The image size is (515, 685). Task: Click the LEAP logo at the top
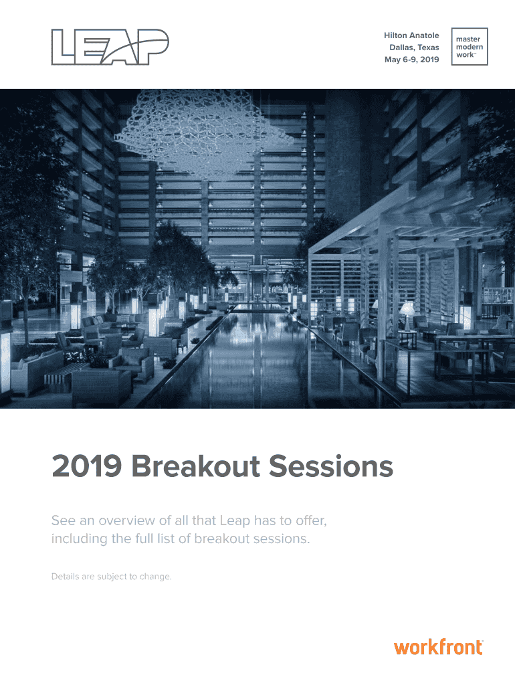(110, 47)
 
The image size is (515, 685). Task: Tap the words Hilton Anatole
(411, 35)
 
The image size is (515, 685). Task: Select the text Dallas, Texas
(414, 47)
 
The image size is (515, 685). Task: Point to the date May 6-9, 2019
(411, 60)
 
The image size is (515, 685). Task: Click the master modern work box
(470, 47)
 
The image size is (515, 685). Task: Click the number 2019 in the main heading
(86, 466)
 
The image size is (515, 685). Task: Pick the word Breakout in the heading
(196, 466)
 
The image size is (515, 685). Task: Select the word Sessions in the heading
(330, 466)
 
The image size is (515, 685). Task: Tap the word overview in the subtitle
(126, 520)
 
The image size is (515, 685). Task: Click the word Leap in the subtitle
(235, 521)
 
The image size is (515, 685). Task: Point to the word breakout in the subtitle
(222, 539)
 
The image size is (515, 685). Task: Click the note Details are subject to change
(112, 577)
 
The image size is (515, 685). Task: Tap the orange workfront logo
(439, 647)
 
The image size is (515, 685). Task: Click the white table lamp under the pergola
(407, 316)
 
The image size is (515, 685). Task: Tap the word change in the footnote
(156, 577)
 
